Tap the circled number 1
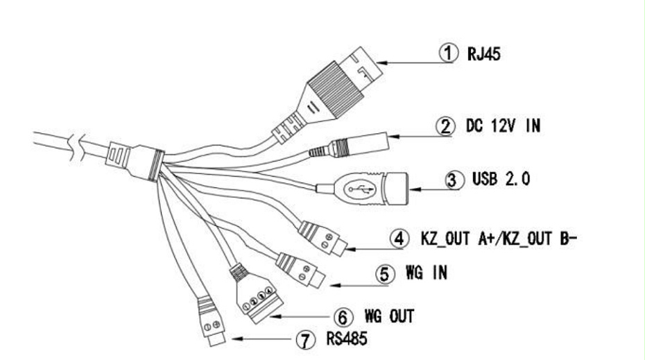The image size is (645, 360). coord(449,54)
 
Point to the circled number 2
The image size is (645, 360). coord(443,128)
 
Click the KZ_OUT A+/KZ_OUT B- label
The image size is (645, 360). coord(499,239)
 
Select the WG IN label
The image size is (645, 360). coord(426,273)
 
